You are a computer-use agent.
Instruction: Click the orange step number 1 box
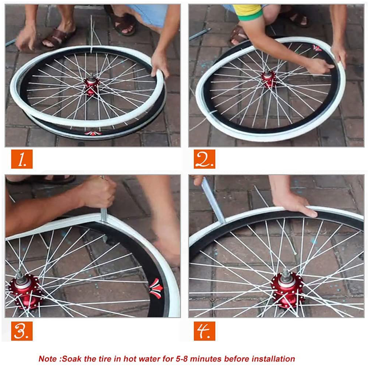[x=22, y=159]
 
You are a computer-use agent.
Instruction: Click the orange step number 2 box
[x=205, y=159]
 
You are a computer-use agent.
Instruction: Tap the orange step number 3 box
[x=22, y=331]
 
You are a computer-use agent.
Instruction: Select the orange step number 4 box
[x=205, y=331]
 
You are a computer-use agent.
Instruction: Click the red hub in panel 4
[x=287, y=290]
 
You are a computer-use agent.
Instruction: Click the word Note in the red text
[x=48, y=359]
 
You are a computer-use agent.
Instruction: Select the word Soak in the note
[x=70, y=359]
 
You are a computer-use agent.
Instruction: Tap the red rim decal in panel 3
[x=156, y=289]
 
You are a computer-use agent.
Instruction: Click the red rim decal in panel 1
[x=93, y=133]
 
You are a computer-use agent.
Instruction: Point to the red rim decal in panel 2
[x=317, y=48]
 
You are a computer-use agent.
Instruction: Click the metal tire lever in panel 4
[x=213, y=199]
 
